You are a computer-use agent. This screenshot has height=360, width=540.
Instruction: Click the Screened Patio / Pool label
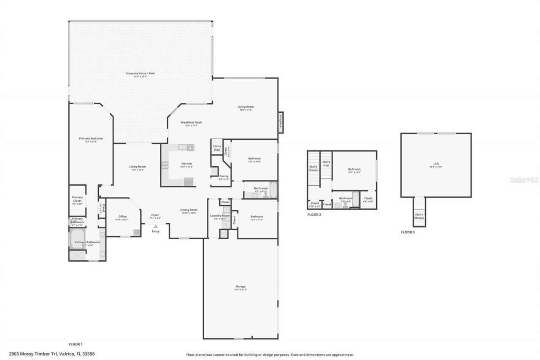pos(140,73)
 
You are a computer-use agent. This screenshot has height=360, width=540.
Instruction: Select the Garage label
pos(240,287)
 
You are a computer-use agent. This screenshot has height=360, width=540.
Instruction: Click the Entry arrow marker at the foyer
pos(156,227)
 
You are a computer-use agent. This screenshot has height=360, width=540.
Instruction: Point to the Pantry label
pos(224,176)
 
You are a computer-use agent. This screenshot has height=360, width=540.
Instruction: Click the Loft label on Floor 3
pos(436,164)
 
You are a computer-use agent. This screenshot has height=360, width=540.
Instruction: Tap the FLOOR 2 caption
pos(314,214)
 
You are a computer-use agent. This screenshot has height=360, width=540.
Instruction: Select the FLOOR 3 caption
pos(408,232)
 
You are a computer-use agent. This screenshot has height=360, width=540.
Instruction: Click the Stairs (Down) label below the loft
pos(419,216)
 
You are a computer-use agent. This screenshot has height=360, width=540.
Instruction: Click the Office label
pos(122,217)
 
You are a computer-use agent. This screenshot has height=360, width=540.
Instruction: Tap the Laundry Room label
pos(219,216)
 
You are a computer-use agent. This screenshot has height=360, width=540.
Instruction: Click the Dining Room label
pos(189,210)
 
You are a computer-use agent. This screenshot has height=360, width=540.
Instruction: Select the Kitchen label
pos(186,163)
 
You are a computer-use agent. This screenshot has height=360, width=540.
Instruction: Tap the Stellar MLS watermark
pos(524,180)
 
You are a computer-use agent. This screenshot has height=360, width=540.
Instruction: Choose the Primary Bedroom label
pos(91,138)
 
